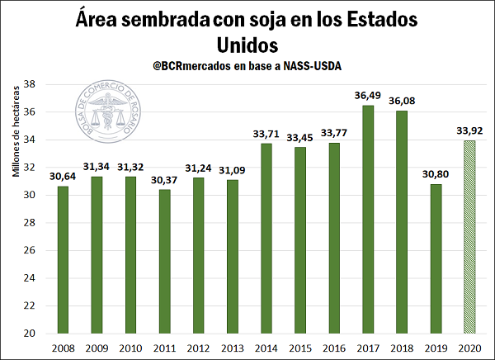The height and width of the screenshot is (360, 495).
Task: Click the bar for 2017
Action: coord(366,219)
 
